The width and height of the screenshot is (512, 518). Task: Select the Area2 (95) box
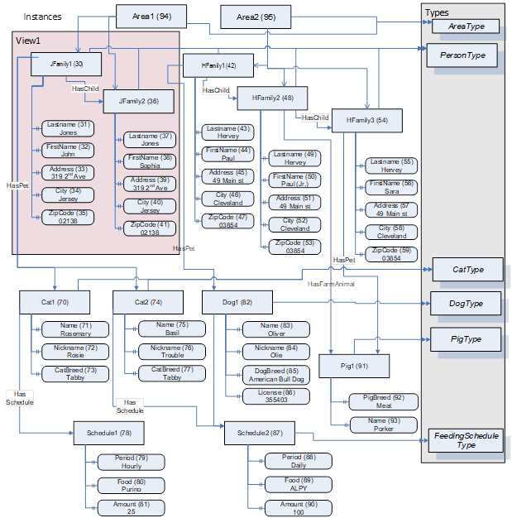pyautogui.click(x=256, y=17)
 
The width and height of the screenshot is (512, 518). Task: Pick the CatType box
pyautogui.click(x=467, y=269)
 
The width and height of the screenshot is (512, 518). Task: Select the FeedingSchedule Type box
pyautogui.click(x=467, y=440)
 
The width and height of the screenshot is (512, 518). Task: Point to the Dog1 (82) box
pyautogui.click(x=235, y=302)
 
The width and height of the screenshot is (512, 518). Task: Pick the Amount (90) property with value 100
pyautogui.click(x=298, y=508)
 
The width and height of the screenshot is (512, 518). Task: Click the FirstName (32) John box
pyautogui.click(x=68, y=151)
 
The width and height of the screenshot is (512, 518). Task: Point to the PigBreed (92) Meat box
pyautogui.click(x=382, y=401)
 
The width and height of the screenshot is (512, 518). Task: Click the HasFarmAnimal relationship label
pyautogui.click(x=330, y=284)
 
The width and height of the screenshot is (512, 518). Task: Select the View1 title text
pyautogui.click(x=30, y=41)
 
